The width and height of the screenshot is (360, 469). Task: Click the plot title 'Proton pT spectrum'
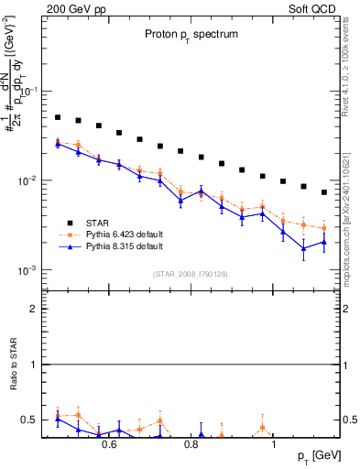[190, 34]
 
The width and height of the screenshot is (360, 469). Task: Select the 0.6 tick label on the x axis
[109, 445]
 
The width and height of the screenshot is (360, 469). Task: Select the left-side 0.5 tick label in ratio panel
[31, 420]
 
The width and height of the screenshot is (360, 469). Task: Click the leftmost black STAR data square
[58, 117]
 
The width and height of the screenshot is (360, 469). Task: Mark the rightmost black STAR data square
[324, 192]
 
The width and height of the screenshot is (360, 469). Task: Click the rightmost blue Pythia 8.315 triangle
[324, 243]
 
